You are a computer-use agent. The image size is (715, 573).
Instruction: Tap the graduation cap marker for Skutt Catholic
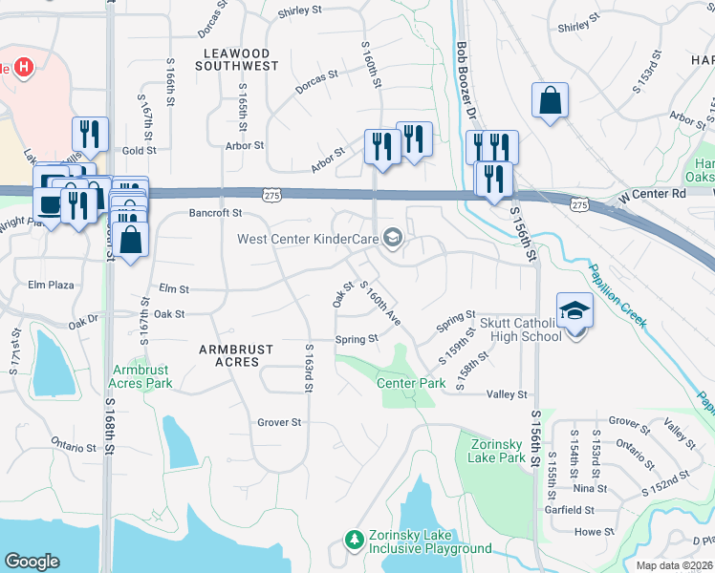574,312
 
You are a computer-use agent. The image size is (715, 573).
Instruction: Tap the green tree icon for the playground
355,541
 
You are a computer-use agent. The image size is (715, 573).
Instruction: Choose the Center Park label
411,383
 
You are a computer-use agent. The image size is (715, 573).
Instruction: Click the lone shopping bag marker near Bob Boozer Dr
550,100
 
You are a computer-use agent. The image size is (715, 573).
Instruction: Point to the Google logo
32,561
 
